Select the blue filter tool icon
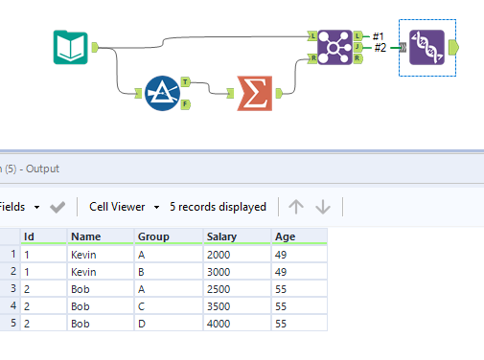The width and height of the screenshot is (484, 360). (x=163, y=93)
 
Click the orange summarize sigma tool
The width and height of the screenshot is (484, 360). (x=254, y=93)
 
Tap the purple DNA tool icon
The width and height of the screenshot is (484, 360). (x=426, y=47)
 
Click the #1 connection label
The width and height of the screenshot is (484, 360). (x=379, y=35)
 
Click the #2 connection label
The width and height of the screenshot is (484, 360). (x=380, y=48)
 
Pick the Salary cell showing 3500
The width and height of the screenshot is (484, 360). (x=219, y=305)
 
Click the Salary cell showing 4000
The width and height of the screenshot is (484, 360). (x=219, y=323)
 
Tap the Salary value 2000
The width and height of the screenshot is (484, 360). (x=219, y=256)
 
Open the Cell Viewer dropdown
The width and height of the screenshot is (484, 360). (x=122, y=206)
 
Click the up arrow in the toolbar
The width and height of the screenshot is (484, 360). (x=296, y=206)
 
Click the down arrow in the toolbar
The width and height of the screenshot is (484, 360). (x=323, y=206)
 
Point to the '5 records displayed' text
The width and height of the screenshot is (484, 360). (x=218, y=206)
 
